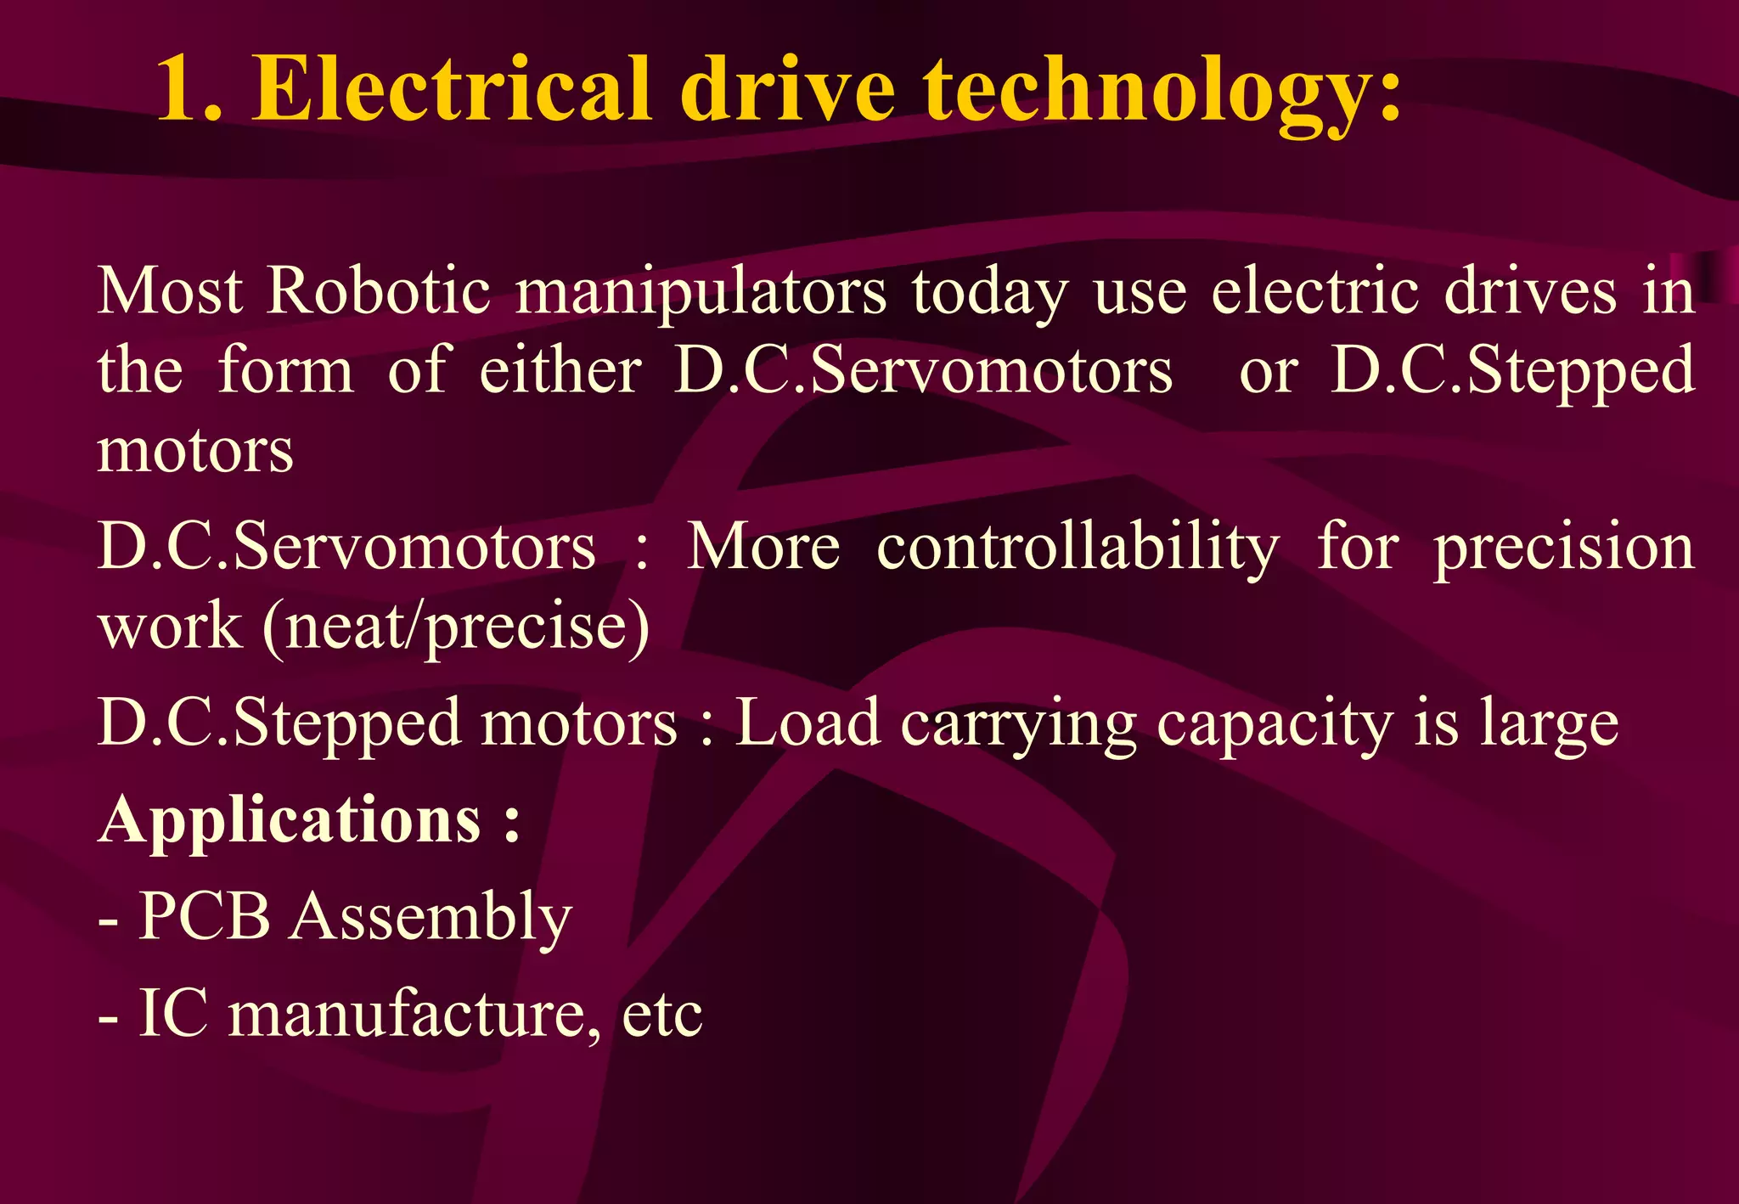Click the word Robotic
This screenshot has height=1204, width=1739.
point(379,291)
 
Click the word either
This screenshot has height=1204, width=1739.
point(560,371)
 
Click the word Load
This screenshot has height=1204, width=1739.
point(807,723)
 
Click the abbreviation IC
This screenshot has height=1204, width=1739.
point(173,1013)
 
